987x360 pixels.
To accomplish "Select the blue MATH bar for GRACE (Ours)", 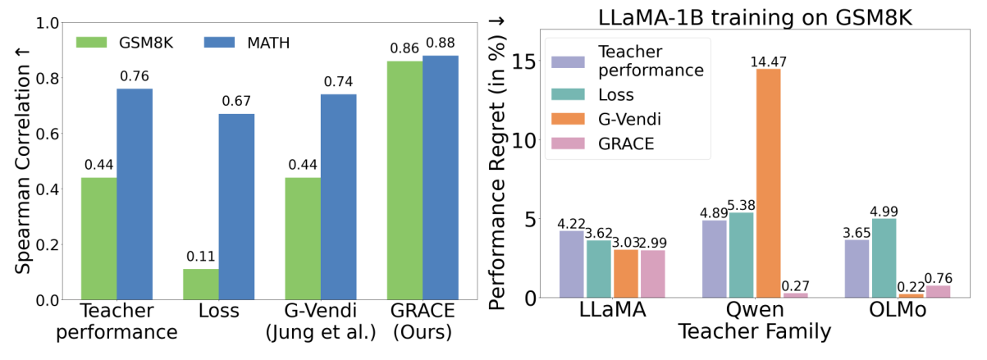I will tap(441, 177).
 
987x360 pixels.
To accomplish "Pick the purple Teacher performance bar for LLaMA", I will tap(572, 264).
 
